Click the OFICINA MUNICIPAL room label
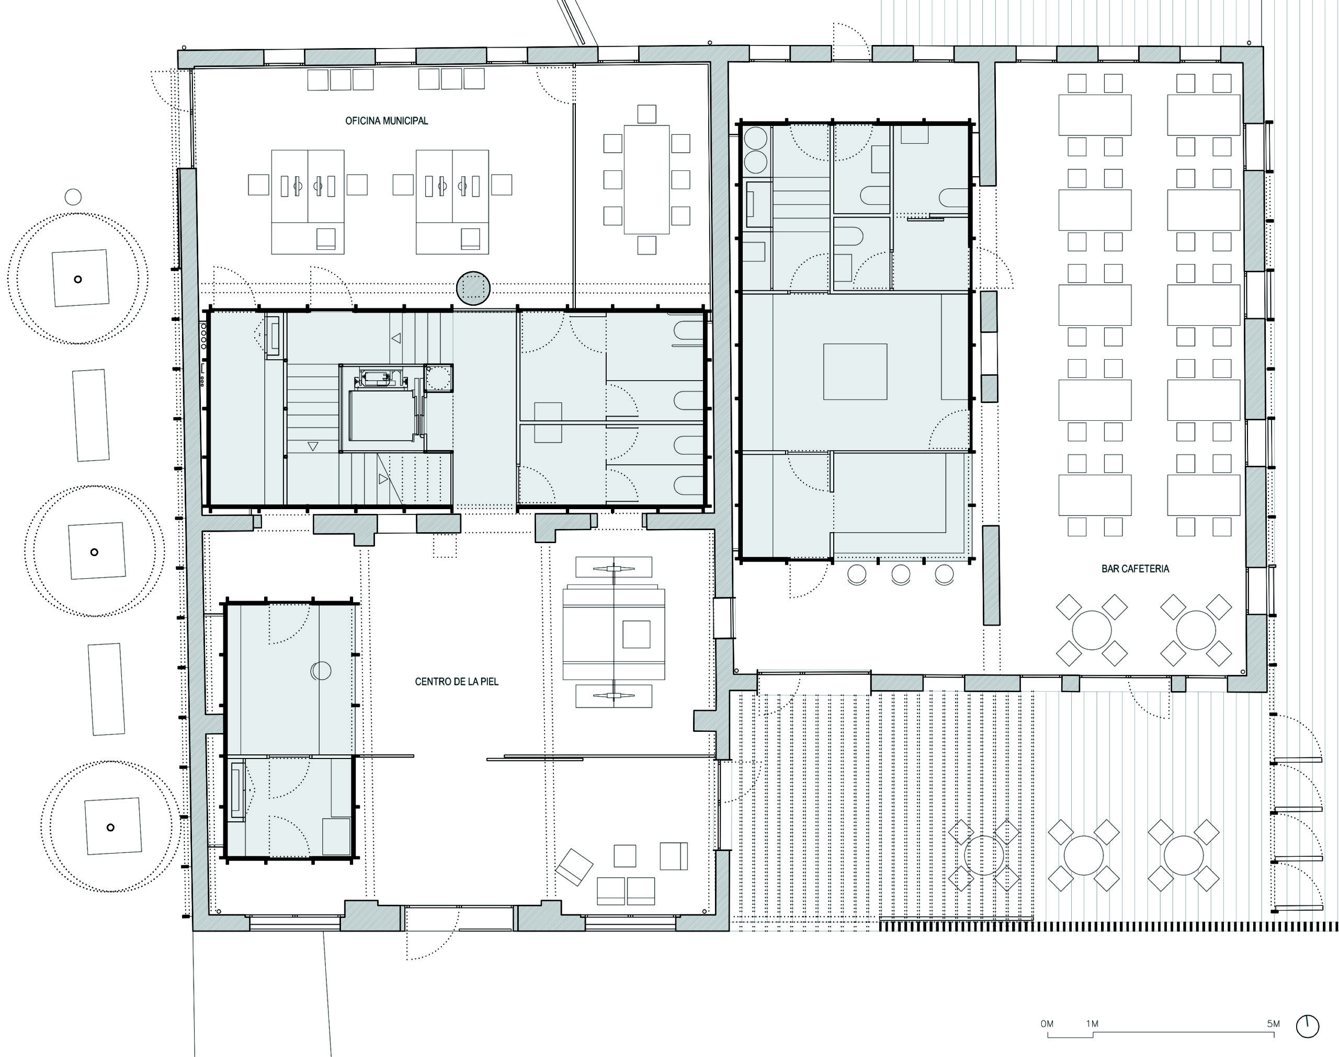(387, 121)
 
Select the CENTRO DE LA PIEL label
(456, 681)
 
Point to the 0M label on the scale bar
(1047, 1024)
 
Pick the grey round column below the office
(473, 288)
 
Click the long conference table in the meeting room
(646, 179)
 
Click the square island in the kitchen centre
(855, 371)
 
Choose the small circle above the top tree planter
(73, 197)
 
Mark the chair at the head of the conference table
(646, 114)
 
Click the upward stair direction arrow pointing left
(396, 338)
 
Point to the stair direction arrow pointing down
(313, 445)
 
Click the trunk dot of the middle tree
(94, 552)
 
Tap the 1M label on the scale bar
(1092, 1024)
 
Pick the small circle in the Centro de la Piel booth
(321, 671)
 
